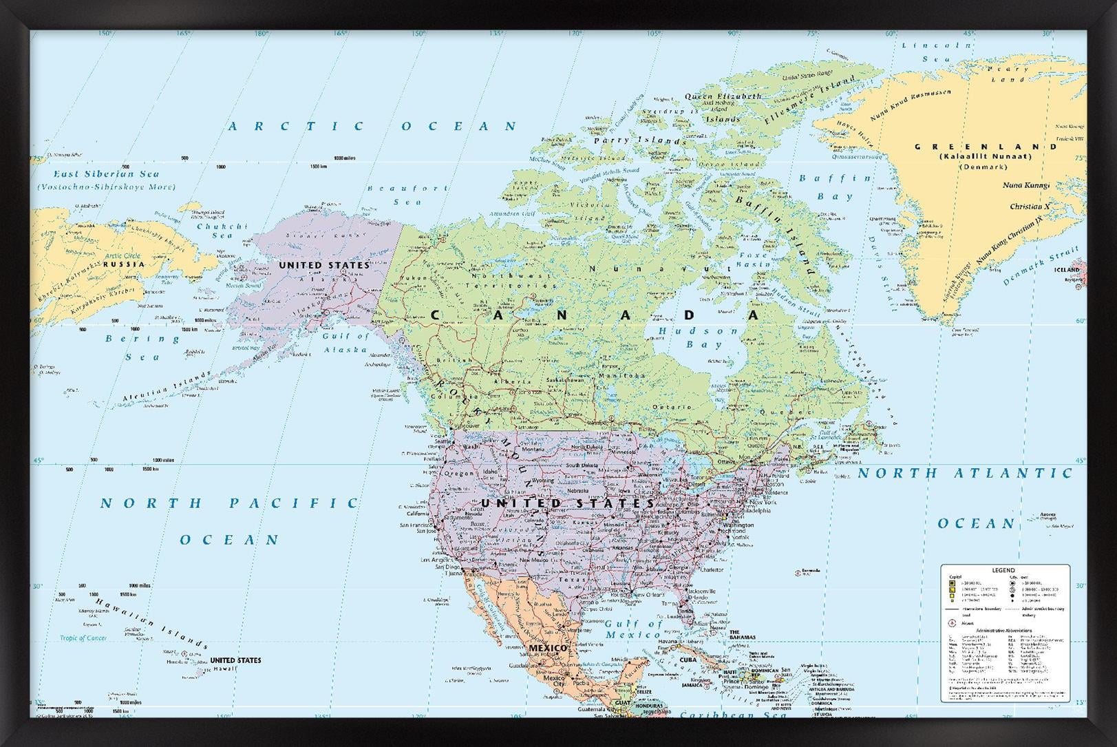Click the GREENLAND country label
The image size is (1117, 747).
[x=976, y=147]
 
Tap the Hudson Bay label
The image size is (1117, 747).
[x=698, y=337]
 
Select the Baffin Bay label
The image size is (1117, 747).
[x=835, y=187]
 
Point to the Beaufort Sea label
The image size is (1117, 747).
[x=407, y=195]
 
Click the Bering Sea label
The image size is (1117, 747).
[x=142, y=348]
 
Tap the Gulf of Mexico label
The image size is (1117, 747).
[x=633, y=629]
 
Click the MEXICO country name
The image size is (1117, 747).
[x=548, y=648]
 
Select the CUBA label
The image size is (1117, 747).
[x=689, y=659]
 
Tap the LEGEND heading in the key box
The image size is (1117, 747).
[x=1003, y=571]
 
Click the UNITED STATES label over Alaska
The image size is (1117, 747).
[x=323, y=265]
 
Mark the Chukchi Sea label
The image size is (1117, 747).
[x=222, y=231]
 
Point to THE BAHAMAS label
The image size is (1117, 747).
[x=743, y=634]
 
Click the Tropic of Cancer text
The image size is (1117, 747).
[x=83, y=638]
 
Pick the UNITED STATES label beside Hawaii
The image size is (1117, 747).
[x=235, y=660]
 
